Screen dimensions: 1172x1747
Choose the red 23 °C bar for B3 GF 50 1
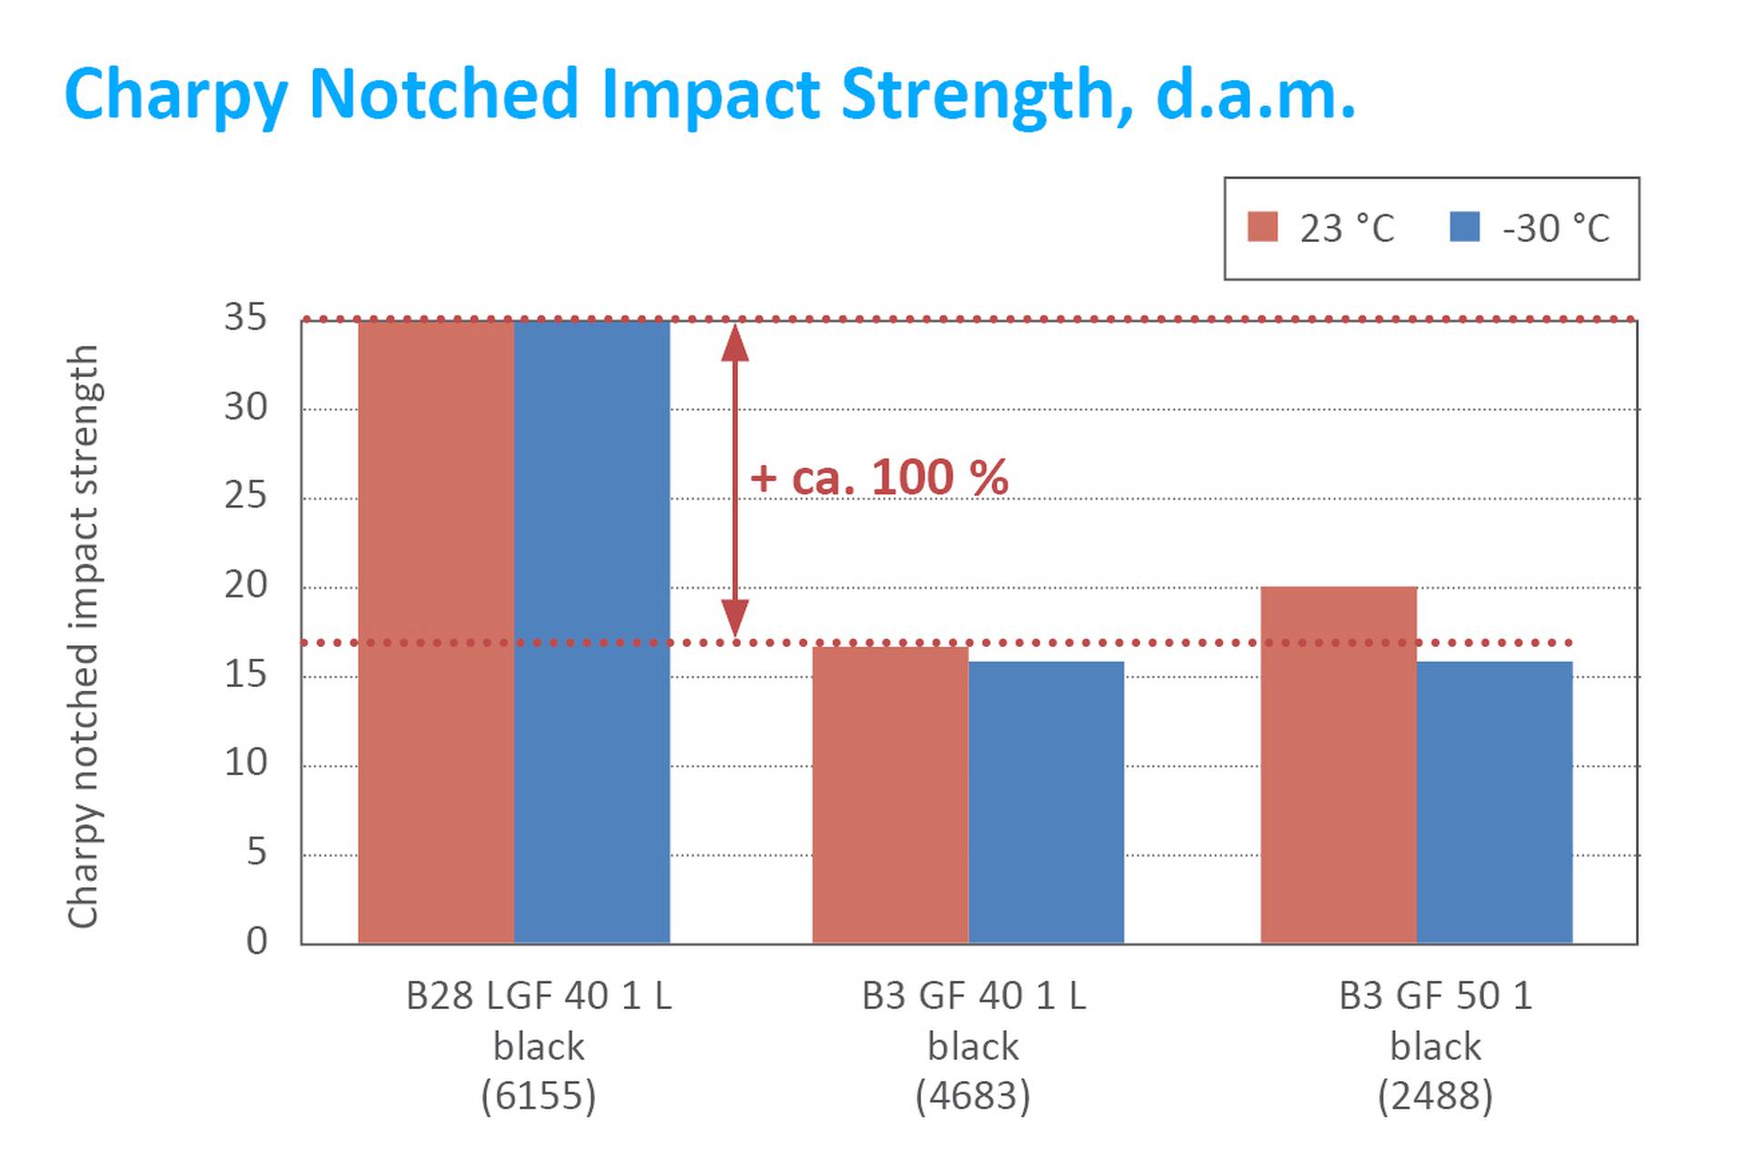click(x=1338, y=764)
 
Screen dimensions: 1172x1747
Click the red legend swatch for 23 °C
click(x=1262, y=227)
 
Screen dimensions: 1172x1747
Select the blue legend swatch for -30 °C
click(x=1464, y=227)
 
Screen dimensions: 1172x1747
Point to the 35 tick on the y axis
click(x=246, y=318)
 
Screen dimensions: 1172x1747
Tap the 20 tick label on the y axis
click(x=246, y=585)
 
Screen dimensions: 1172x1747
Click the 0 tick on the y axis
click(x=257, y=941)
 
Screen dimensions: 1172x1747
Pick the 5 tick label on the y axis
click(x=257, y=853)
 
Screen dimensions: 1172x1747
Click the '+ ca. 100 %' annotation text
click(x=879, y=478)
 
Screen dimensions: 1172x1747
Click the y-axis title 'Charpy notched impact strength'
click(x=83, y=636)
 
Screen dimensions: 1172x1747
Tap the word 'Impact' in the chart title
click(x=711, y=94)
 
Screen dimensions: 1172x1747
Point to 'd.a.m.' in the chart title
click(x=1256, y=94)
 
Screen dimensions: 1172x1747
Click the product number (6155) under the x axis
click(x=539, y=1096)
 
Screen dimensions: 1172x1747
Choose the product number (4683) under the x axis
click(x=973, y=1096)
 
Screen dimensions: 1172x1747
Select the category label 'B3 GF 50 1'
click(x=1435, y=996)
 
